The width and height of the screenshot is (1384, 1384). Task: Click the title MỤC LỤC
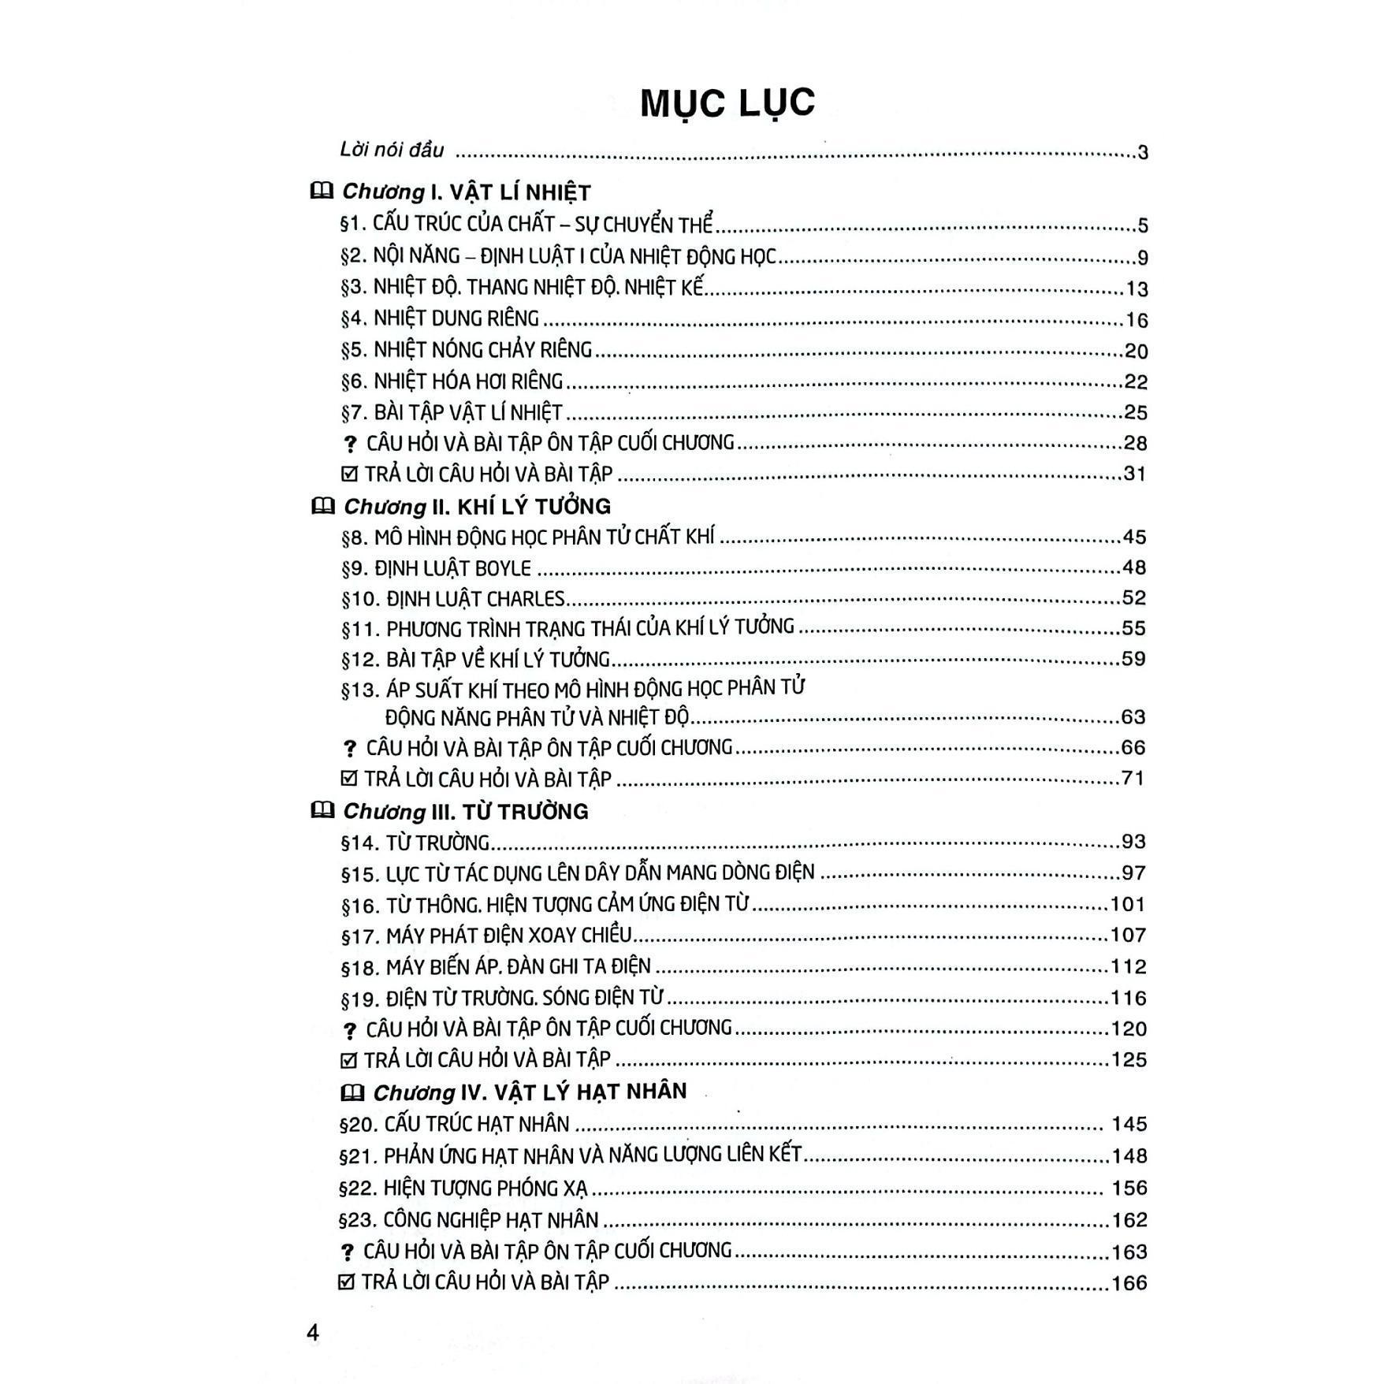[x=727, y=103]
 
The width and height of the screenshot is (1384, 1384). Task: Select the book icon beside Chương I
[x=322, y=192]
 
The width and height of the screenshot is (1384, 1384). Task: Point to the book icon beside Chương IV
[x=352, y=1092]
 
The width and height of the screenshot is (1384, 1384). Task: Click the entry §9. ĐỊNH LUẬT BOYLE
[x=436, y=568]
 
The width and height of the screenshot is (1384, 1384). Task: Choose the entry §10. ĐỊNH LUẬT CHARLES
[x=453, y=599]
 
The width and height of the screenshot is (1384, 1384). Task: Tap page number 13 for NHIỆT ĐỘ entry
[x=1136, y=289]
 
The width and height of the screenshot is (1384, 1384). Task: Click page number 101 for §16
[x=1127, y=904]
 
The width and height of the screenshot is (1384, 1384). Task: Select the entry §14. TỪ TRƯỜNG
[x=415, y=843]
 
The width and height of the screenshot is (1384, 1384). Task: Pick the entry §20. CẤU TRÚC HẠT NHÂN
[x=454, y=1124]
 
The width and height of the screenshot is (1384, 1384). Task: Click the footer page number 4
[x=313, y=1333]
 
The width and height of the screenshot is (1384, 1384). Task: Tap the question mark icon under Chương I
[x=351, y=445]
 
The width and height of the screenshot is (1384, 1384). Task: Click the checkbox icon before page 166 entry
[x=346, y=1282]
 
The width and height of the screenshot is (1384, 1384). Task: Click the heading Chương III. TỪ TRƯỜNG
[x=466, y=811]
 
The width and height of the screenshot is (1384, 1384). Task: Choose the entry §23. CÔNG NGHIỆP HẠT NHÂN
[x=468, y=1220]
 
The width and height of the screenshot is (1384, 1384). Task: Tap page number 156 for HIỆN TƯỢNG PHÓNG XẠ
[x=1129, y=1188]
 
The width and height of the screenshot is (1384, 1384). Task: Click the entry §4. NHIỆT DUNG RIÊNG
[x=440, y=318]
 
